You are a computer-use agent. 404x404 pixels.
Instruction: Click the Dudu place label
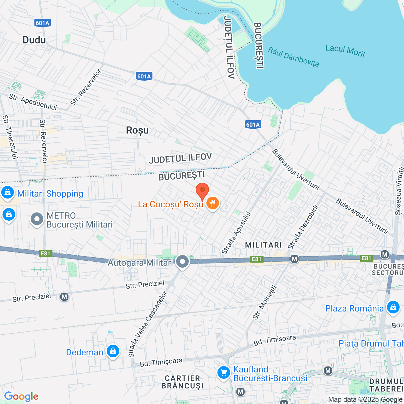[34, 40]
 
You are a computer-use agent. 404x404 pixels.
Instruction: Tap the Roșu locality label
[137, 130]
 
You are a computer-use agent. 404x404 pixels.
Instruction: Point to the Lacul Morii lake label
[345, 50]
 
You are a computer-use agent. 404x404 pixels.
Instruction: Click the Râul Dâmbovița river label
[294, 57]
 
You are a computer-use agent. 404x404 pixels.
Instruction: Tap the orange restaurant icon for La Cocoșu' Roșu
[213, 204]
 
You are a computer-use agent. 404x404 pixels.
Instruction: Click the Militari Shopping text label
[50, 193]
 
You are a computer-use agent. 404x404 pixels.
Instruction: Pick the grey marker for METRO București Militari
[37, 219]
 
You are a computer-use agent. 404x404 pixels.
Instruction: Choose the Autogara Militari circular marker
[182, 261]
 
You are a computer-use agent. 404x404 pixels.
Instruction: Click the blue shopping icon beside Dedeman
[113, 351]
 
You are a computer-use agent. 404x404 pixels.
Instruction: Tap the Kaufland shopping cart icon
[224, 373]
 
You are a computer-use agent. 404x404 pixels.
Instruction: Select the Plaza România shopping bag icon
[393, 307]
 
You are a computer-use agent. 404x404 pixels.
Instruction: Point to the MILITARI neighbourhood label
[264, 245]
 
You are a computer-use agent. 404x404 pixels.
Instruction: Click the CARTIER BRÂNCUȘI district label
[182, 382]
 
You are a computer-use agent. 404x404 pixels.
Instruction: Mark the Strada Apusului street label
[236, 233]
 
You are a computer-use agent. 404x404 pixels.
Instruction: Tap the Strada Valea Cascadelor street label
[147, 324]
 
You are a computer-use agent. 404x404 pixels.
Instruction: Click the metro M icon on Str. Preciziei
[64, 297]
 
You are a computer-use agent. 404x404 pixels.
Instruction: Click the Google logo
[21, 396]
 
